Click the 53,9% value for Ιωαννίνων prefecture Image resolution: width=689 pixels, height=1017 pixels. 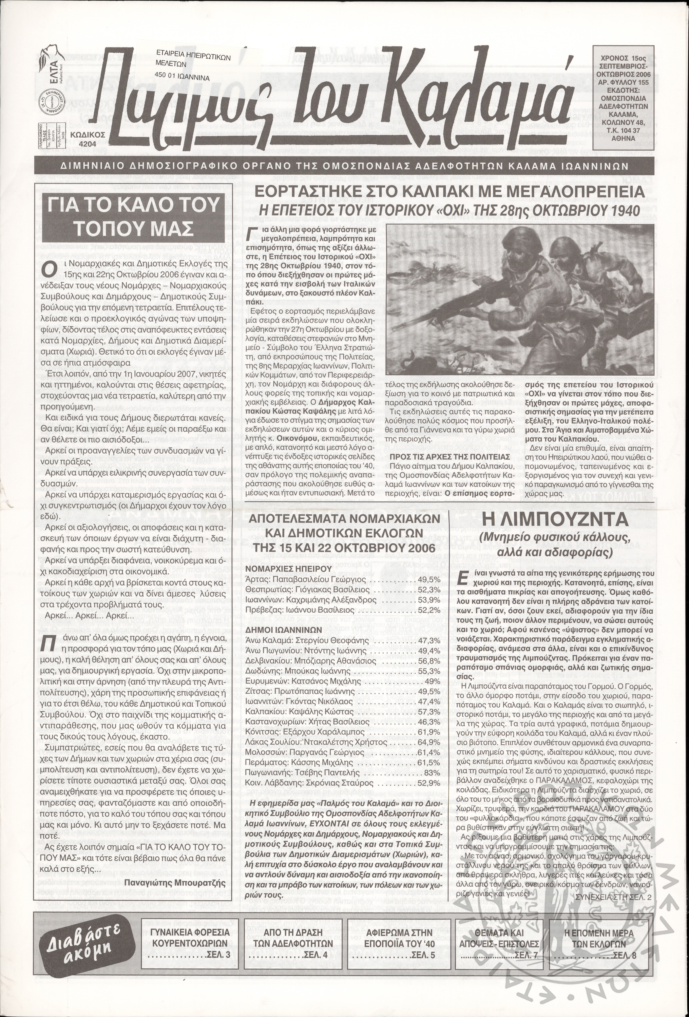tap(429, 599)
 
